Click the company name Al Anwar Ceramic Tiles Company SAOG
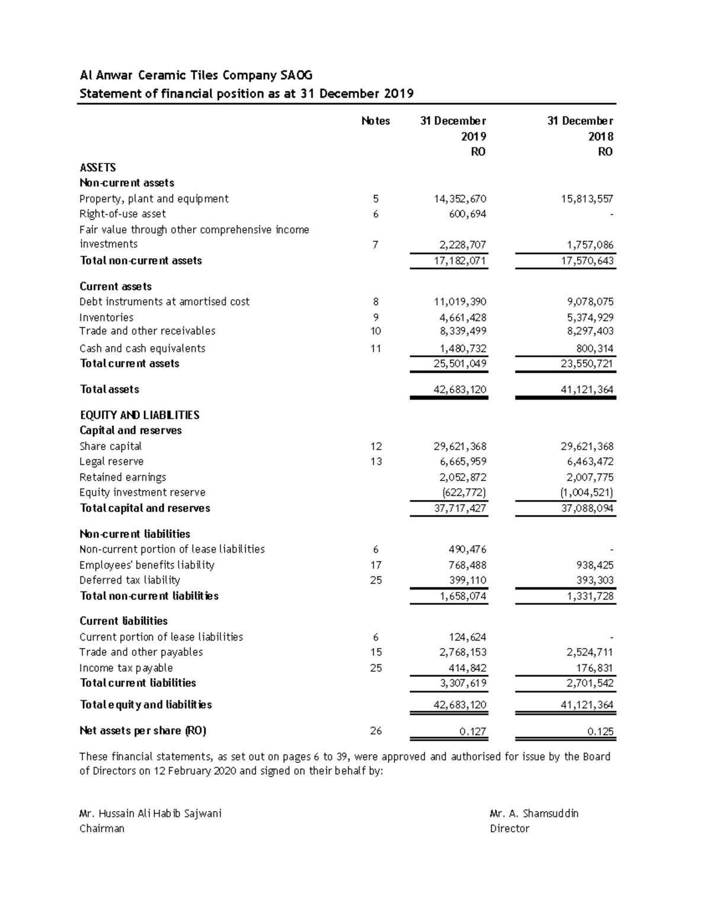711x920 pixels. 196,75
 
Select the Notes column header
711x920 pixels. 376,121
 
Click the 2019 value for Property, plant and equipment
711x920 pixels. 460,199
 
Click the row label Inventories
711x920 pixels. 107,318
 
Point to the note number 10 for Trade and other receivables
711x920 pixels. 376,331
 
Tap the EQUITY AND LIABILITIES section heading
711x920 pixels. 139,415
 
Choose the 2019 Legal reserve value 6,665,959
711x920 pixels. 460,461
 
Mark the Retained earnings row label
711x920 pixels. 123,477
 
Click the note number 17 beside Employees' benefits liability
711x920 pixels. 376,565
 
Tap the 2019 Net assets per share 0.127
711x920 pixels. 473,731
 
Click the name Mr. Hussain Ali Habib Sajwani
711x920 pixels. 150,813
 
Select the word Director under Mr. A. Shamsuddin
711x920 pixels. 510,829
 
